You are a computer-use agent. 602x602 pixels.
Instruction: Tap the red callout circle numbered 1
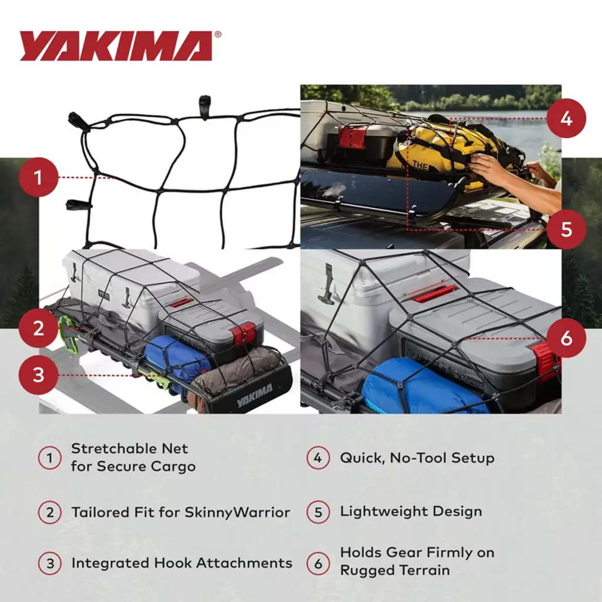pyautogui.click(x=38, y=178)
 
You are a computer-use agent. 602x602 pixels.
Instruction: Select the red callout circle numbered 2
pyautogui.click(x=38, y=328)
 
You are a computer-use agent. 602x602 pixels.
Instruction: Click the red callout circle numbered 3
pyautogui.click(x=38, y=374)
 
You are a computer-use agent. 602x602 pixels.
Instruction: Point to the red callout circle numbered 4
pyautogui.click(x=566, y=118)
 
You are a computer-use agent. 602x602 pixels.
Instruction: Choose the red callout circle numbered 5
pyautogui.click(x=566, y=229)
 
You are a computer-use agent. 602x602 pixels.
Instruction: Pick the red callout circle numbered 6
pyautogui.click(x=566, y=338)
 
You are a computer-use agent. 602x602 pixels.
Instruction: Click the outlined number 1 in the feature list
pyautogui.click(x=49, y=457)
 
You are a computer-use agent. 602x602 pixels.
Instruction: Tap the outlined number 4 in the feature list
pyautogui.click(x=318, y=457)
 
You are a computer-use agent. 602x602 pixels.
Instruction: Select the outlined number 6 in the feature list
pyautogui.click(x=318, y=563)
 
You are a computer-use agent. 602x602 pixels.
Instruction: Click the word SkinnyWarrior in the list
pyautogui.click(x=238, y=513)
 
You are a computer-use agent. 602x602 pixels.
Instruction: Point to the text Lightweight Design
pyautogui.click(x=411, y=512)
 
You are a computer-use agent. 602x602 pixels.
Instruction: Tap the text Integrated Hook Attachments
pyautogui.click(x=182, y=563)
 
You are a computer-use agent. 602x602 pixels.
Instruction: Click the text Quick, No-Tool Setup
pyautogui.click(x=417, y=457)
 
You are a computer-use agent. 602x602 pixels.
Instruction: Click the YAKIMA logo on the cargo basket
pyautogui.click(x=255, y=394)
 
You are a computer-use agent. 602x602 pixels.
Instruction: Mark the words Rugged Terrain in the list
pyautogui.click(x=394, y=570)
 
